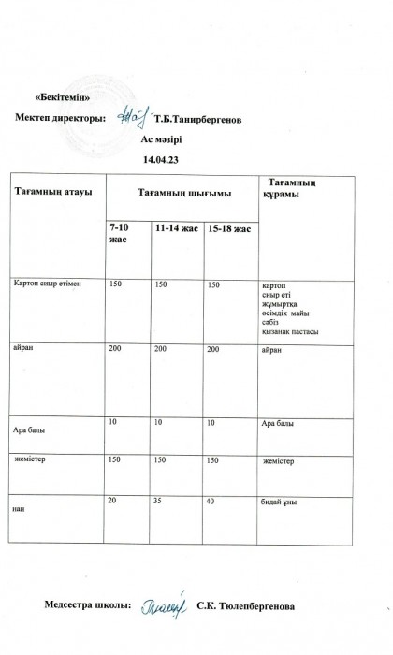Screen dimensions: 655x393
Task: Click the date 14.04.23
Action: [x=160, y=160]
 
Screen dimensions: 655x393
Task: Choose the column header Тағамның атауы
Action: [x=52, y=193]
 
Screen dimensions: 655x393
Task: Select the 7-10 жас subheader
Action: [x=120, y=232]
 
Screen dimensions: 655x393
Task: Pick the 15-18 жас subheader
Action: [x=228, y=227]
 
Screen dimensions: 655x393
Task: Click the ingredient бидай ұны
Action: [x=279, y=502]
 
